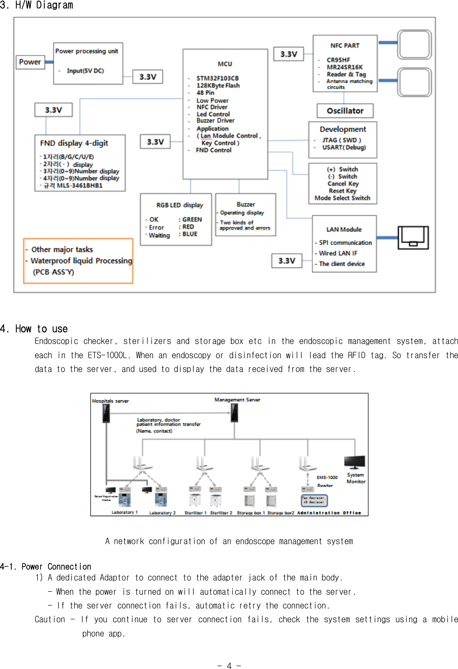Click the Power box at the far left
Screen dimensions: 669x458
point(30,62)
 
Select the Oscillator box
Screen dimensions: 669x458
point(345,111)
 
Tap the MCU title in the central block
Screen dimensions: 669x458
point(225,64)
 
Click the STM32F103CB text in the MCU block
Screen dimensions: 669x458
point(218,78)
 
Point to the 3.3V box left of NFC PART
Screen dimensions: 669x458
point(288,54)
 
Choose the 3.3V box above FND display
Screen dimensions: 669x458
point(53,110)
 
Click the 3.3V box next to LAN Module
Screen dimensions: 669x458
point(287,261)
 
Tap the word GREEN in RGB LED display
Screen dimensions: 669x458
point(192,219)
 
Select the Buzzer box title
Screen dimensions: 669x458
point(245,204)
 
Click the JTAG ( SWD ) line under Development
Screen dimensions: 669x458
point(342,140)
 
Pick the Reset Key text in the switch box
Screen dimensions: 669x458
point(342,191)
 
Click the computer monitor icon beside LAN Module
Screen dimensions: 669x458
point(413,237)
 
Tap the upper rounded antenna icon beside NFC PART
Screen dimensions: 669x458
point(414,44)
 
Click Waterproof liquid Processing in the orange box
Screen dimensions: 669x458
point(81,261)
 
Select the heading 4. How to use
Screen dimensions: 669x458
point(34,329)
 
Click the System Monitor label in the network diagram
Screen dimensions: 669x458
point(356,478)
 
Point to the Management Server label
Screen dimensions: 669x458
point(237,400)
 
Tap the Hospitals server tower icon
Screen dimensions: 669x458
point(106,413)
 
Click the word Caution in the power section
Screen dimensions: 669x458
point(50,619)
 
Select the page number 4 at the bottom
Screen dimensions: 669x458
point(229,666)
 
